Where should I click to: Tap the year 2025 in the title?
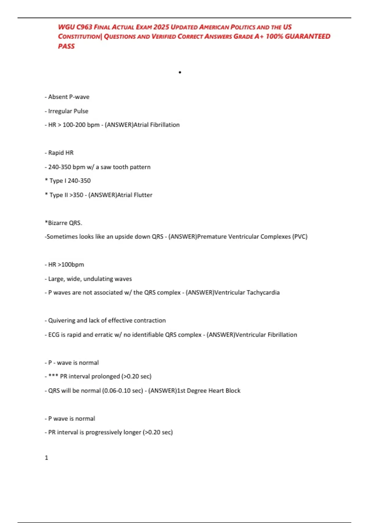click(x=161, y=27)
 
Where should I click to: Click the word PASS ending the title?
click(x=66, y=46)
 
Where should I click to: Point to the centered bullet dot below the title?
click(x=180, y=72)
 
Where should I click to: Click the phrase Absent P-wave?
click(x=69, y=97)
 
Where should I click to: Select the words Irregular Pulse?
click(x=68, y=111)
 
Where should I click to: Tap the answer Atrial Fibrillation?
click(x=157, y=125)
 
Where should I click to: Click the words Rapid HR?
click(x=61, y=153)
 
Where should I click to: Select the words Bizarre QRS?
click(x=65, y=223)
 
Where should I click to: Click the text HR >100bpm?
click(x=66, y=265)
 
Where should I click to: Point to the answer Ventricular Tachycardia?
click(x=247, y=293)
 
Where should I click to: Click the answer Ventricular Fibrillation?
click(x=266, y=335)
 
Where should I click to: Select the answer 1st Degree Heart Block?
click(x=209, y=391)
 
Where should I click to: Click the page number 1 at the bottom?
click(x=46, y=458)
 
